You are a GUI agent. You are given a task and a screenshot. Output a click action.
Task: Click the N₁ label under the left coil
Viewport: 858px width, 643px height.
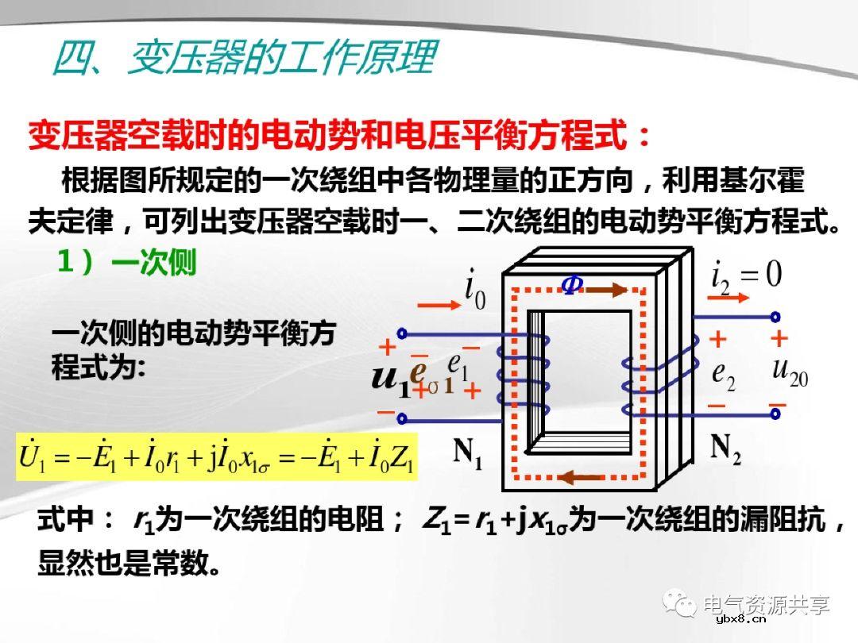coord(468,453)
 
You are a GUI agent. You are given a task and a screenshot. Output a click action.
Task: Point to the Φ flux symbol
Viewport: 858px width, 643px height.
coord(571,285)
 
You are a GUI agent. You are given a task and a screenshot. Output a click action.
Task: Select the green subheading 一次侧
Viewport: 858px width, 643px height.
coord(154,264)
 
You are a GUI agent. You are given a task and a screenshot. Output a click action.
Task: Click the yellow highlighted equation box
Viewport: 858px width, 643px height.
coord(217,456)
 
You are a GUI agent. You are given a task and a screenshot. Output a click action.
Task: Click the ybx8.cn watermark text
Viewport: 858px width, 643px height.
coord(740,619)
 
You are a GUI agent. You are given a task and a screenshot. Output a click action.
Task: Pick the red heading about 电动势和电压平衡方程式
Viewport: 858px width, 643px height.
coord(340,137)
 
